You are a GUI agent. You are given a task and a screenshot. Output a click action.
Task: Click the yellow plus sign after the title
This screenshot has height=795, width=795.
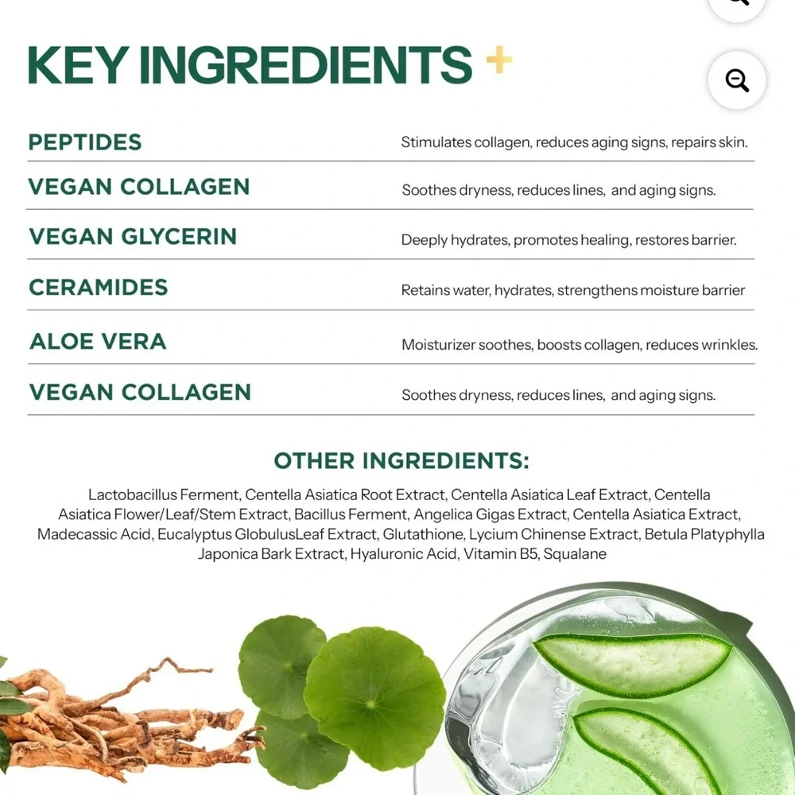tap(499, 60)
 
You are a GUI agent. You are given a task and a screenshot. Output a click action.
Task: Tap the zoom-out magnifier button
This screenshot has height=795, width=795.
tap(737, 80)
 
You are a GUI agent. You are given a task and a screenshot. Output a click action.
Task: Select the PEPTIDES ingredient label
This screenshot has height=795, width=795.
tap(85, 142)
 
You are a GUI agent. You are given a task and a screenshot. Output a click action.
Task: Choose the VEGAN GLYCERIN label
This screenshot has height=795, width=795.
tap(133, 236)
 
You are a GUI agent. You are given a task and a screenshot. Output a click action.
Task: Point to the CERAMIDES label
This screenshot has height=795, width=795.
tap(99, 288)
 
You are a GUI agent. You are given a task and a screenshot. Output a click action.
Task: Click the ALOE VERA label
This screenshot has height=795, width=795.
tap(98, 341)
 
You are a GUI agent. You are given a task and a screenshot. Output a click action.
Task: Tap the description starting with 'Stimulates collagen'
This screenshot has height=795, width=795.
tap(574, 142)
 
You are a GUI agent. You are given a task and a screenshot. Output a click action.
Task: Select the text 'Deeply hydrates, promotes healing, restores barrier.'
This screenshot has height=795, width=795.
tap(568, 240)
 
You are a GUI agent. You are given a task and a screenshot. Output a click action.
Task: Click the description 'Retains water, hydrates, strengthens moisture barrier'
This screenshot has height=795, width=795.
tap(573, 290)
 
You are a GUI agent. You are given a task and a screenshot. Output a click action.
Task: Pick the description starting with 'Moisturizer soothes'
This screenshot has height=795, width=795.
tap(580, 345)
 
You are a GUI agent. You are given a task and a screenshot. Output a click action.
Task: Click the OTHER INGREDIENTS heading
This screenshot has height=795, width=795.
tap(401, 461)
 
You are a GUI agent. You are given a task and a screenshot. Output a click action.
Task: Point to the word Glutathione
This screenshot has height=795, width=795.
tap(424, 534)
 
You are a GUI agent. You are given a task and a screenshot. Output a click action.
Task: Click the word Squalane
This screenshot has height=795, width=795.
tap(575, 553)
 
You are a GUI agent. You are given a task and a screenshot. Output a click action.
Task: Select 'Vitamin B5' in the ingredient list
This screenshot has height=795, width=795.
tap(500, 553)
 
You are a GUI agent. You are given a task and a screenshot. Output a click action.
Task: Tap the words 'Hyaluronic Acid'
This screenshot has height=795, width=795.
tap(404, 554)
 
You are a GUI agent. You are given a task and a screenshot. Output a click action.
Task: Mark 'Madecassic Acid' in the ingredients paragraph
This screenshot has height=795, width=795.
tap(95, 534)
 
